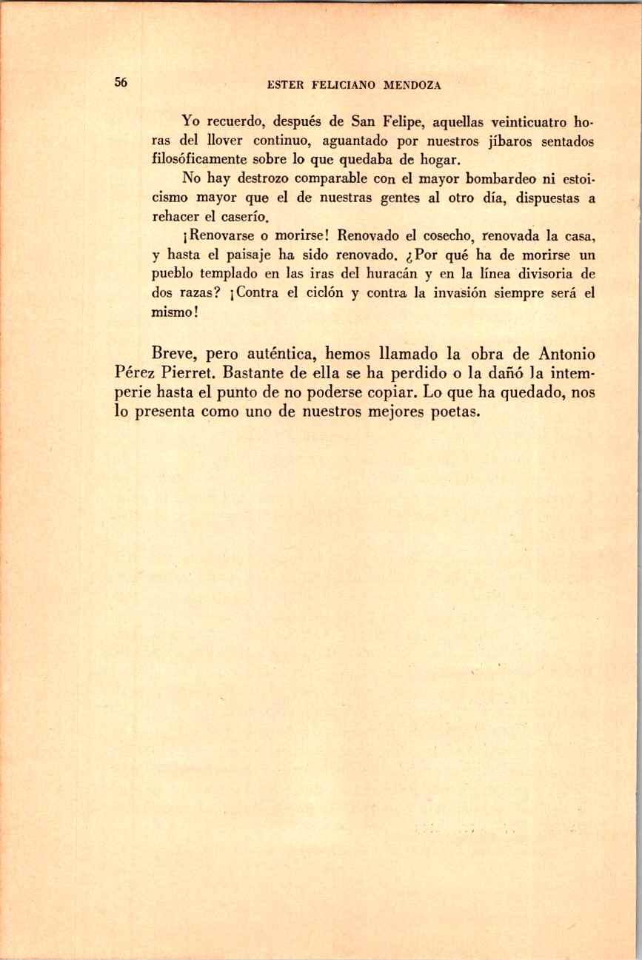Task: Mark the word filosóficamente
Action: [200, 158]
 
